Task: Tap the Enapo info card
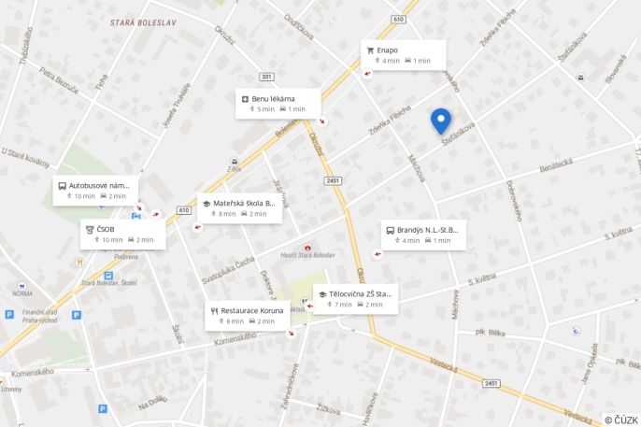(403, 54)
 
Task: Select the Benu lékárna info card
(278, 103)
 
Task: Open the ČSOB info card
(122, 234)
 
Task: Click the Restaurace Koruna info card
(247, 315)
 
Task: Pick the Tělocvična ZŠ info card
(355, 298)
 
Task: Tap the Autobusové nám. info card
(95, 190)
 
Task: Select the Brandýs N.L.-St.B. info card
(422, 235)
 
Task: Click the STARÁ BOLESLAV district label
(142, 21)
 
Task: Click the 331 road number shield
(267, 77)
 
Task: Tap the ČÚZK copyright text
(621, 420)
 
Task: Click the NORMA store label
(22, 292)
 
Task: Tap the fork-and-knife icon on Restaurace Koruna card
(214, 310)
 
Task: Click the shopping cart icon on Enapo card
(370, 50)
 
